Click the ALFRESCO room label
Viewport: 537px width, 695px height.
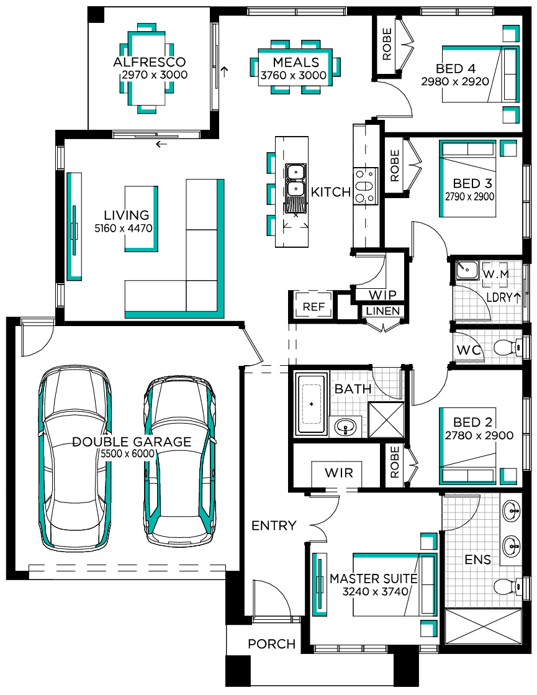coord(150,62)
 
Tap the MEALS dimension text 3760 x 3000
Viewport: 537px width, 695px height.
coord(293,75)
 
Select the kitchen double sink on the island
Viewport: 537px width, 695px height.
coord(296,179)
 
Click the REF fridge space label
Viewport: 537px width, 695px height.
coord(314,307)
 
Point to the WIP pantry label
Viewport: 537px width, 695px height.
coord(382,295)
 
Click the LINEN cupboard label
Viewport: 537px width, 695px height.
coord(383,311)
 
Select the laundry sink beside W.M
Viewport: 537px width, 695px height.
coord(467,270)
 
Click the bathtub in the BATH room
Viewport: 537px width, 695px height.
coord(312,404)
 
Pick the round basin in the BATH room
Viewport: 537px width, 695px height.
coord(346,427)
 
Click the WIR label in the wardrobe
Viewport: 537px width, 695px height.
coord(339,473)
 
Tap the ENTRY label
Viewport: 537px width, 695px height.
coord(274,525)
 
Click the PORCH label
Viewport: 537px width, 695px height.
coord(271,644)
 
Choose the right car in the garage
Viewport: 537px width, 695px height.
coord(180,461)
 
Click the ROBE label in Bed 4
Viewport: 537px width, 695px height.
coord(387,44)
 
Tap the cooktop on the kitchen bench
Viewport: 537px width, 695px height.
coord(366,186)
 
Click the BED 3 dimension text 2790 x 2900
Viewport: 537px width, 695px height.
coord(470,196)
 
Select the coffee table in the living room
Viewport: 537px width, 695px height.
coord(142,219)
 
